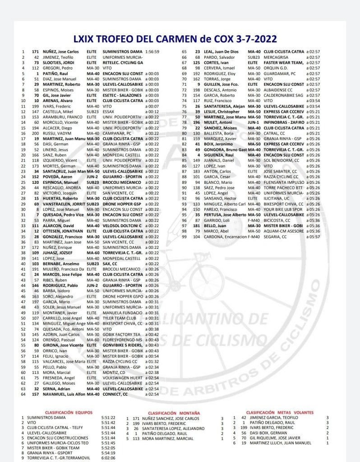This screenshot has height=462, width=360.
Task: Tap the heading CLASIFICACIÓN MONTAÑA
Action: pyautogui.click(x=174, y=413)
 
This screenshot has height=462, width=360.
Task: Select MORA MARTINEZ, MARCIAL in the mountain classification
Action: pyautogui.click(x=169, y=438)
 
